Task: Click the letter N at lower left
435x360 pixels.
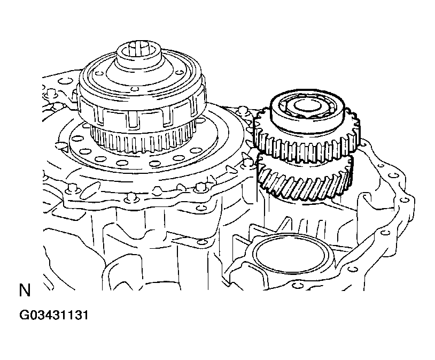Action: [25, 290]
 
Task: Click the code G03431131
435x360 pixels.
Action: [54, 315]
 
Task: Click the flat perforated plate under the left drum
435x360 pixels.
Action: [150, 156]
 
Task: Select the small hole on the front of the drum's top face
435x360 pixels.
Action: [135, 89]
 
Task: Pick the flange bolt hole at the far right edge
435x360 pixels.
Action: [404, 200]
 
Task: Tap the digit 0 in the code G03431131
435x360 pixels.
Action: [34, 315]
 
